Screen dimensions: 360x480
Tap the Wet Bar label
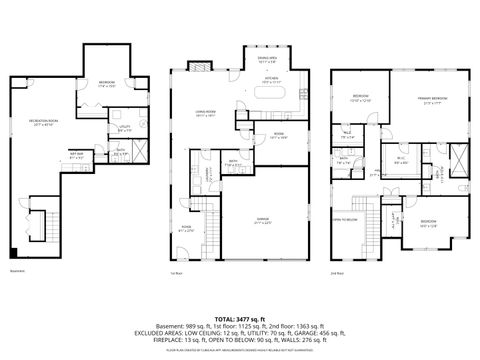tap(75, 154)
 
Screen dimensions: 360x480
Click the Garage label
tap(263, 221)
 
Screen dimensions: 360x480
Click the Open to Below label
tap(346, 217)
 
